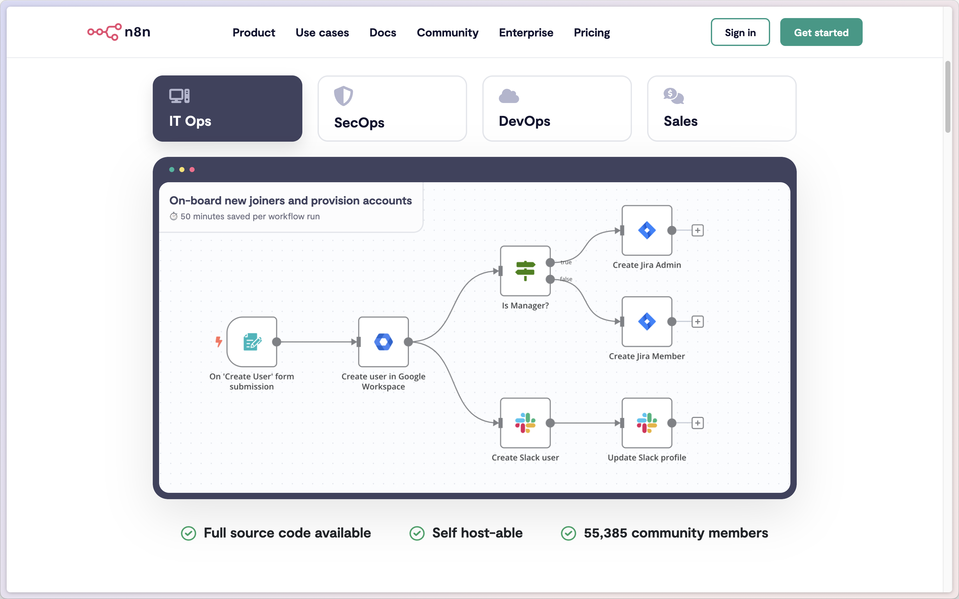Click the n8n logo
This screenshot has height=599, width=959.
click(119, 32)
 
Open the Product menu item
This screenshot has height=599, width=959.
click(254, 32)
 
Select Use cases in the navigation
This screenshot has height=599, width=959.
click(322, 32)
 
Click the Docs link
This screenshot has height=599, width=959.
click(383, 32)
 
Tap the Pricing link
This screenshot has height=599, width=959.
click(591, 32)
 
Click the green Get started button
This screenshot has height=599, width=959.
click(821, 32)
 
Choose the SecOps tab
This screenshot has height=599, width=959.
click(392, 108)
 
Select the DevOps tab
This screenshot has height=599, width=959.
click(557, 108)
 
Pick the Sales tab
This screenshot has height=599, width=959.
click(721, 108)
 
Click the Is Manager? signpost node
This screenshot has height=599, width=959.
click(525, 271)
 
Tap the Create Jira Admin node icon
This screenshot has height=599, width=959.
click(647, 230)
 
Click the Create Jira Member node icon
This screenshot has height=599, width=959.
click(647, 321)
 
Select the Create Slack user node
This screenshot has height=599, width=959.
click(525, 423)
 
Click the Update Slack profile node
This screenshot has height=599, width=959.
click(647, 423)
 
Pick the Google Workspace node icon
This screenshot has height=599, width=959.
click(383, 342)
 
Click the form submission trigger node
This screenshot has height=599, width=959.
click(252, 342)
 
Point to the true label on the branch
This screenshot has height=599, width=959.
click(566, 262)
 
